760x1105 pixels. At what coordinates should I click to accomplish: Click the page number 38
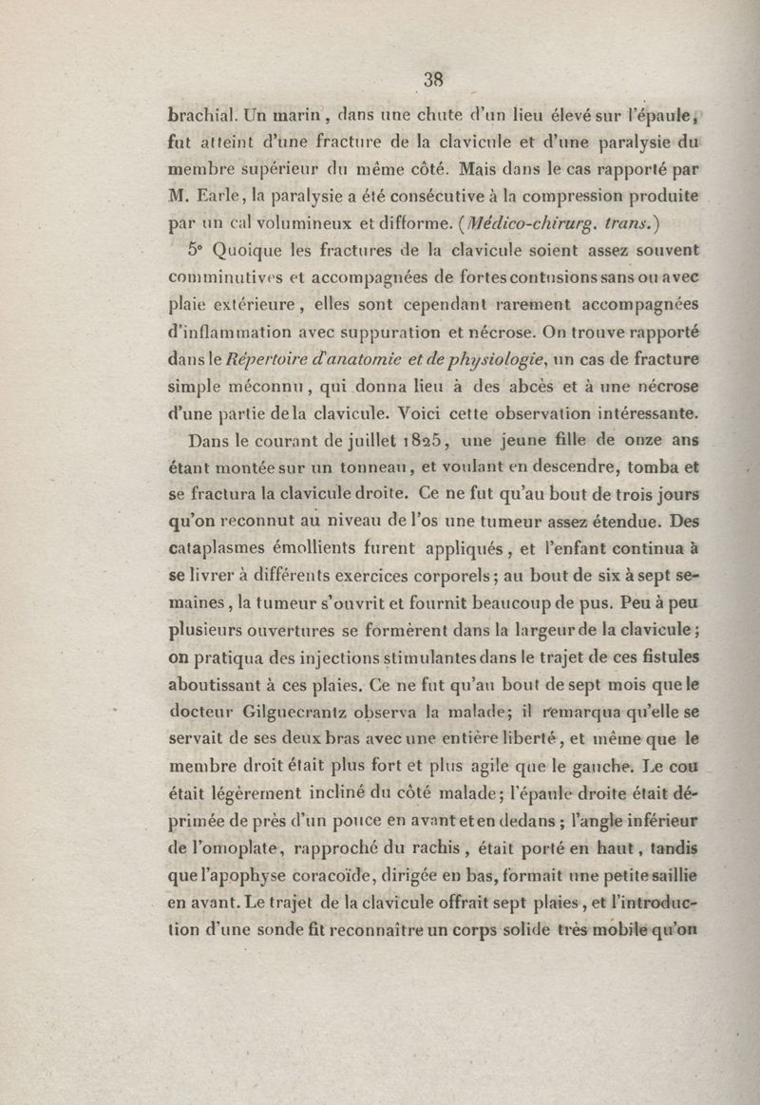click(435, 80)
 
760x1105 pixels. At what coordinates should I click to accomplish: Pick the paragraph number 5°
click(197, 252)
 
